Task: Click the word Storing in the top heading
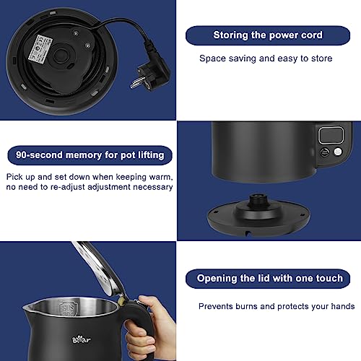[x=230, y=35]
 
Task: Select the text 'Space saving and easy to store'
[x=265, y=58]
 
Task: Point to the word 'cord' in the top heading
[x=310, y=35]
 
